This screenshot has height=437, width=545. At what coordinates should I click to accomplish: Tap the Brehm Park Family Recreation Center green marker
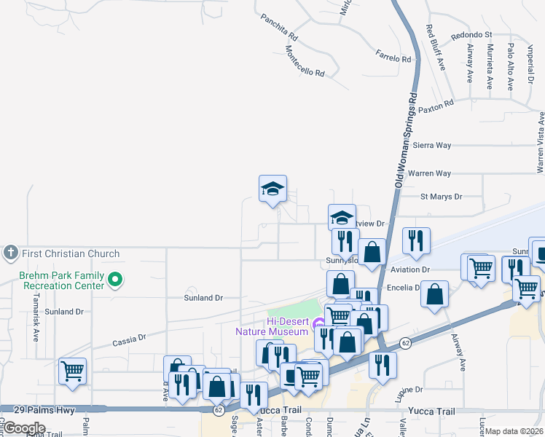pos(115,279)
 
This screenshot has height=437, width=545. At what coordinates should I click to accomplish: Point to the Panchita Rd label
pos(280,28)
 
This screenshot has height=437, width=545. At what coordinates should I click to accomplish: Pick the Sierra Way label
pos(432,145)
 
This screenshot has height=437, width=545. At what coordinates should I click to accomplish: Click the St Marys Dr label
pos(442,197)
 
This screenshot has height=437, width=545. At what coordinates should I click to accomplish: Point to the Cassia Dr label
pos(130,339)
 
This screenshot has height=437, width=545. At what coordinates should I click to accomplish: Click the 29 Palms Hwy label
pos(50,411)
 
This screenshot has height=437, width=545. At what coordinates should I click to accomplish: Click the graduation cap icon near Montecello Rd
pos(273,189)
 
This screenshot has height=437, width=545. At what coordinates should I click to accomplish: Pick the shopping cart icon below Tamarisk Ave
pos(73,371)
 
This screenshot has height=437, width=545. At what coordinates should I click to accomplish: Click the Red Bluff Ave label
pos(435,47)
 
